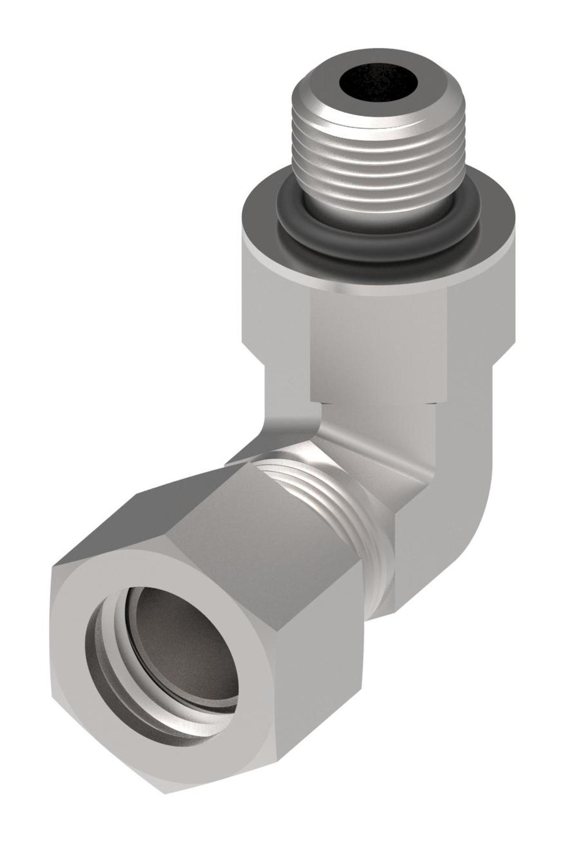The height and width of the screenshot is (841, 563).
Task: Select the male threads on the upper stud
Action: click(378, 168)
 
